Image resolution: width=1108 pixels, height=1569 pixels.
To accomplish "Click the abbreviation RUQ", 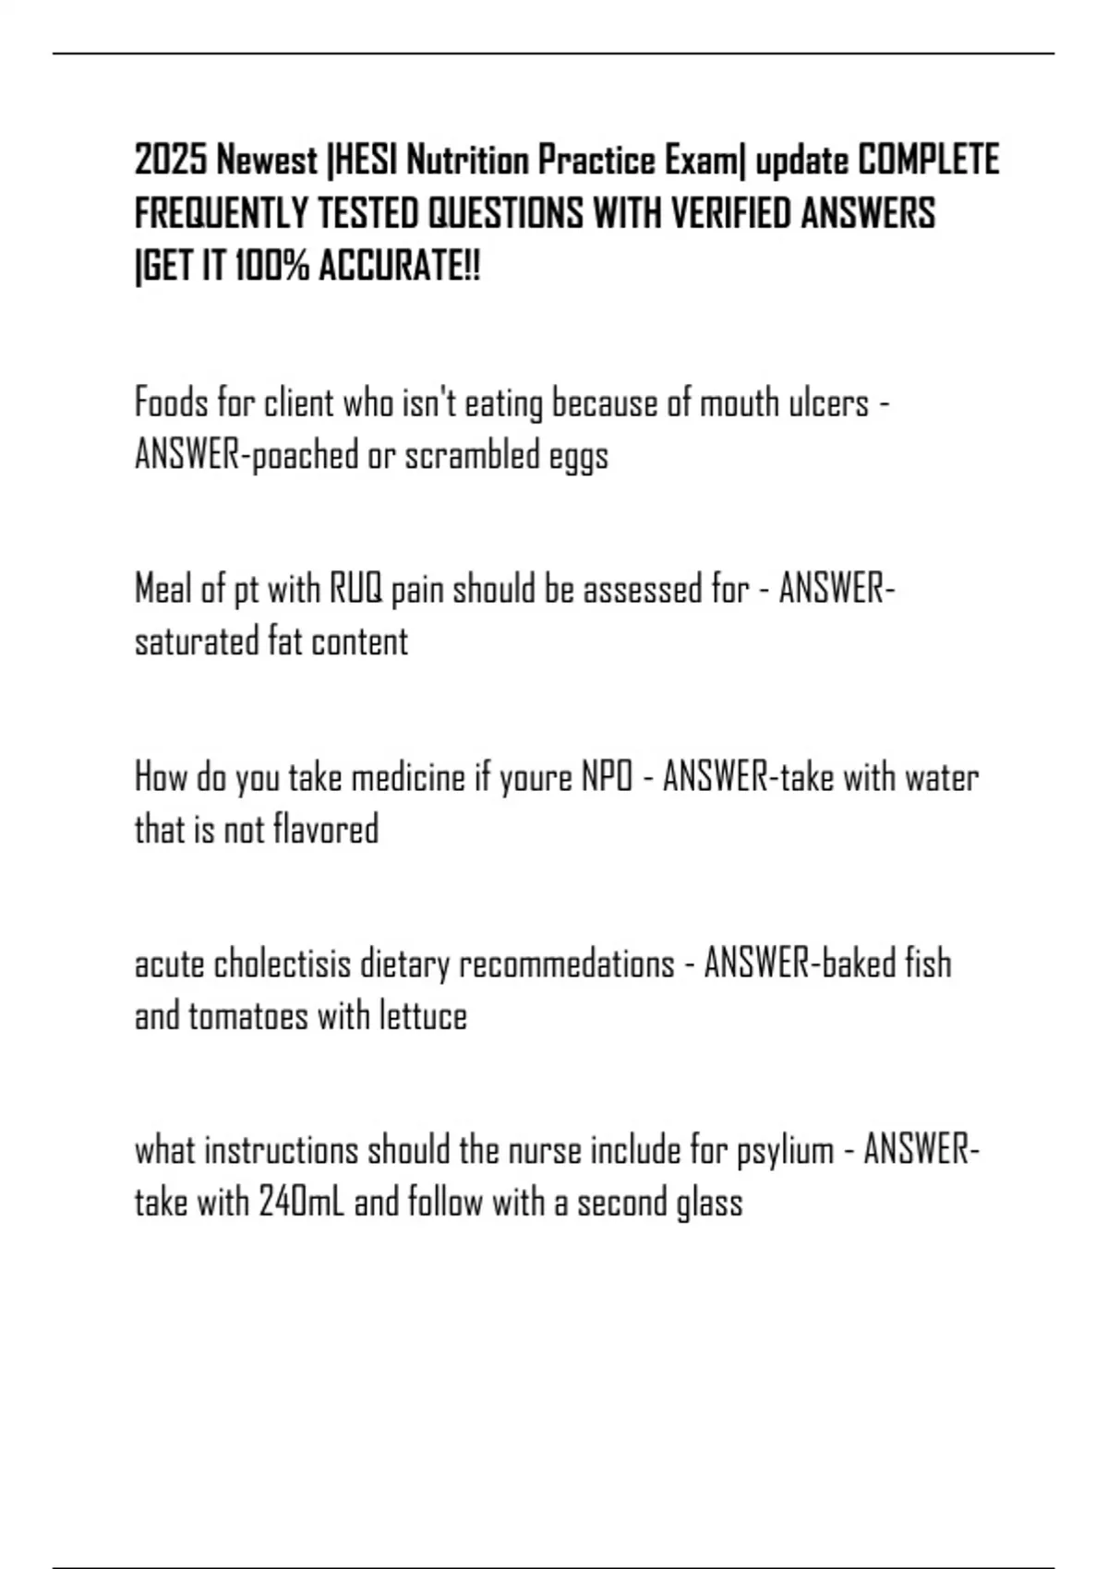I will coord(355,590).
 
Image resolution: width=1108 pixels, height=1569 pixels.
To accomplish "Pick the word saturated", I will coord(197,642).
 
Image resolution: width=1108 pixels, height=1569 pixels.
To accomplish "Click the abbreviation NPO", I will coord(607,778).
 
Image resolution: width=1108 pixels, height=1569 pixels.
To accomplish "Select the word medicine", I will coord(408,778).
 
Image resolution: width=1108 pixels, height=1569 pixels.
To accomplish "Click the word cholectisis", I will coord(283,964).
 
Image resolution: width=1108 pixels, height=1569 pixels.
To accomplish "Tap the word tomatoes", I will coord(248,1017).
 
